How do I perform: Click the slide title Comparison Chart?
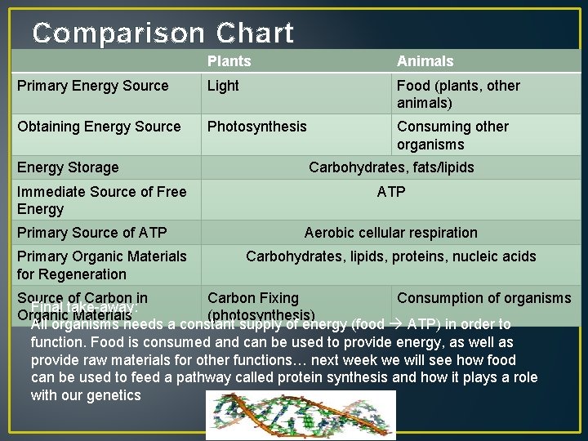pyautogui.click(x=163, y=33)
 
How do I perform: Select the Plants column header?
pyautogui.click(x=229, y=61)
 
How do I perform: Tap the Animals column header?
pyautogui.click(x=425, y=61)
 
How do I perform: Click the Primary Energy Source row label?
pyautogui.click(x=93, y=86)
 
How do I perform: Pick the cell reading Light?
pyautogui.click(x=223, y=86)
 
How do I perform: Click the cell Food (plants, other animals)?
pyautogui.click(x=458, y=94)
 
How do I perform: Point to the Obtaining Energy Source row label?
pyautogui.click(x=99, y=127)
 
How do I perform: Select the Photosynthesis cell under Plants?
pyautogui.click(x=257, y=127)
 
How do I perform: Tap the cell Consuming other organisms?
pyautogui.click(x=452, y=135)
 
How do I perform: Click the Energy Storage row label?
pyautogui.click(x=68, y=167)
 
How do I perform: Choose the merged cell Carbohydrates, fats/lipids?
pyautogui.click(x=391, y=167)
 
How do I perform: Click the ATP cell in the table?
pyautogui.click(x=391, y=192)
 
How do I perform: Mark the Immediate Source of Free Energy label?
pyautogui.click(x=101, y=200)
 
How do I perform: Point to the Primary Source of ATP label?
pyautogui.click(x=91, y=233)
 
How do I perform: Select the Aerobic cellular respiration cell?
pyautogui.click(x=391, y=233)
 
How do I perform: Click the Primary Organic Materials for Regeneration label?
pyautogui.click(x=101, y=265)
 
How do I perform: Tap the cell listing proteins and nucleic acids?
pyautogui.click(x=391, y=256)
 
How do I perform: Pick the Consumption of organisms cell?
pyautogui.click(x=484, y=298)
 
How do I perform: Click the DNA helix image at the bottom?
pyautogui.click(x=301, y=415)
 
